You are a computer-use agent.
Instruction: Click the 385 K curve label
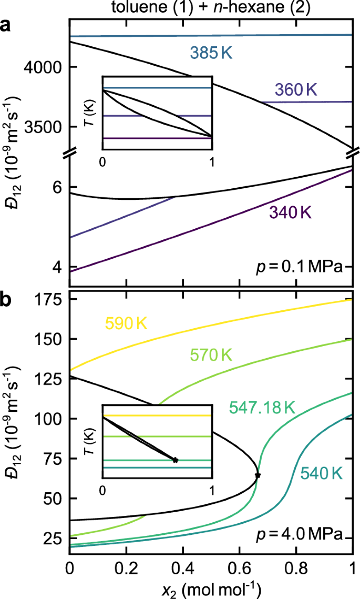tap(212, 54)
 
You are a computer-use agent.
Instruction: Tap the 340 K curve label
tap(290, 212)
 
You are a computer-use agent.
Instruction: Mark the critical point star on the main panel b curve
tap(258, 475)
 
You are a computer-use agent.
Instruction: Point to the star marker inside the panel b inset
tap(176, 460)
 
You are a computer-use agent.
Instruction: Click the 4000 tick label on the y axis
tap(46, 67)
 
